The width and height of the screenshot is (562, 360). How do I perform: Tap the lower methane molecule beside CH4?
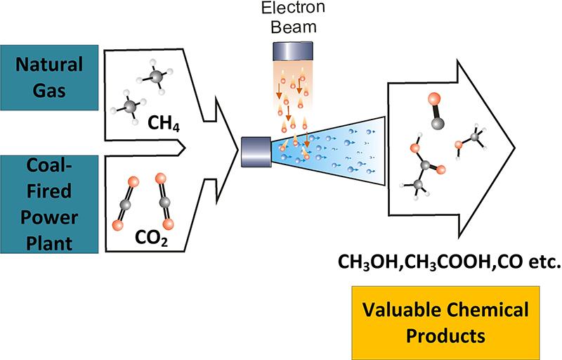[127, 106]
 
